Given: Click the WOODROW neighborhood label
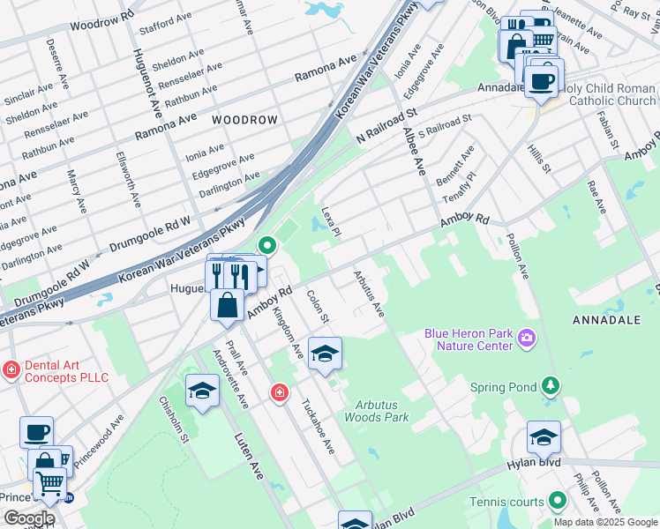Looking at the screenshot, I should [244, 119].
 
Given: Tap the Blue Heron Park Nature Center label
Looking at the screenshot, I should [469, 339].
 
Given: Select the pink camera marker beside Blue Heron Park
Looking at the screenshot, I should [528, 338].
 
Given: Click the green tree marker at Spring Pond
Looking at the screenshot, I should [551, 386].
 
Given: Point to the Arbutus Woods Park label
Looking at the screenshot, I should [377, 410].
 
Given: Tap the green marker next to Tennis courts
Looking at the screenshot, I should [557, 502].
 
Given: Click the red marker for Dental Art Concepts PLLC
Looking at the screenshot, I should [11, 369].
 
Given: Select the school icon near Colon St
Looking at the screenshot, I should [325, 354].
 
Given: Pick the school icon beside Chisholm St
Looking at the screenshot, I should [202, 391].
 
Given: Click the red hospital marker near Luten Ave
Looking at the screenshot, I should [280, 391].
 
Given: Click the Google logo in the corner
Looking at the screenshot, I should [29, 518].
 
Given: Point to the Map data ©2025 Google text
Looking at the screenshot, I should [604, 522].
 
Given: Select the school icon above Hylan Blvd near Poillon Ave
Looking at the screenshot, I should [544, 437].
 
